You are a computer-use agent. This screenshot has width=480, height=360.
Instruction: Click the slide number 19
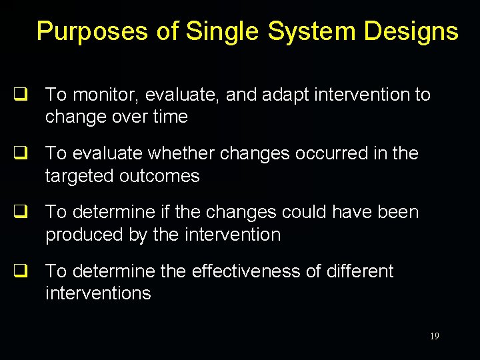pyautogui.click(x=434, y=337)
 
